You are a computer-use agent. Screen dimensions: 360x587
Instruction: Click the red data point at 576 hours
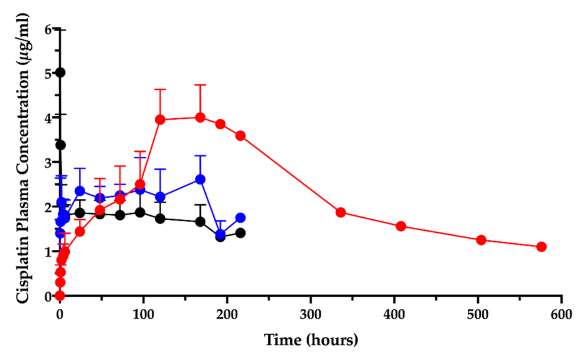click(x=541, y=246)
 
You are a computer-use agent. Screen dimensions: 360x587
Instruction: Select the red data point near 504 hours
click(x=481, y=240)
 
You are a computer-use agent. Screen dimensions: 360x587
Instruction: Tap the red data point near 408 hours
click(x=401, y=226)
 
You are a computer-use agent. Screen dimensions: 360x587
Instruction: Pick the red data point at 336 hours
click(x=341, y=212)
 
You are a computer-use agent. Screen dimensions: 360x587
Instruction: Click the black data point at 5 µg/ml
click(x=60, y=73)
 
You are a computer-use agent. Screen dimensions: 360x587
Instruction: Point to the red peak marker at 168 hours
click(x=200, y=118)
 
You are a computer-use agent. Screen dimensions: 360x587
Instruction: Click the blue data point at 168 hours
click(x=200, y=179)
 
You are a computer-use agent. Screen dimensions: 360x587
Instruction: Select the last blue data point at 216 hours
click(x=240, y=218)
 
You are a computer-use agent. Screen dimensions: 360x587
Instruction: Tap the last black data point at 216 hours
click(x=240, y=233)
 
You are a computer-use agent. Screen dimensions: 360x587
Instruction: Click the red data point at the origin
click(x=60, y=295)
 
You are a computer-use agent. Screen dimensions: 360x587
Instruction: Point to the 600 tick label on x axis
click(x=561, y=315)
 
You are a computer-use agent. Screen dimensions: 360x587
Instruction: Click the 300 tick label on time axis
click(x=311, y=315)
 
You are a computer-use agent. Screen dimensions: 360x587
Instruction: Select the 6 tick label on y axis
click(x=48, y=30)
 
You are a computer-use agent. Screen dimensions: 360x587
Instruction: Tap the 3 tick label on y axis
click(x=48, y=163)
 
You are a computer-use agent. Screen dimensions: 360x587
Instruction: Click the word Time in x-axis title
click(x=282, y=340)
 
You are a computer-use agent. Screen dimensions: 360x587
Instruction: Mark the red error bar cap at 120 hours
click(x=160, y=89)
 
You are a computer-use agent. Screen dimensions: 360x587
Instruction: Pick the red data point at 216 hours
click(x=240, y=135)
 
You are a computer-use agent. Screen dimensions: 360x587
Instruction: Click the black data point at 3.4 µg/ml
click(x=60, y=145)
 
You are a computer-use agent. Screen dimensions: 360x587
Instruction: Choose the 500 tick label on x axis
click(x=478, y=315)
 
